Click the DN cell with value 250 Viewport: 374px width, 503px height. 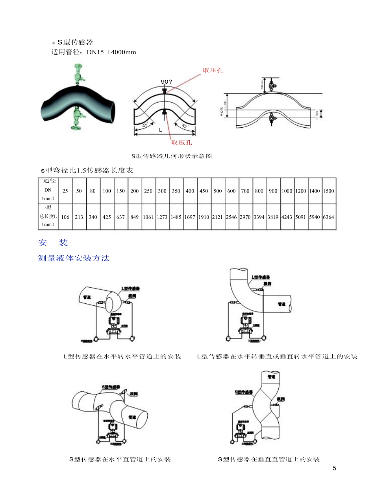148,191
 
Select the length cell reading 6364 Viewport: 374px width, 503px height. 328,217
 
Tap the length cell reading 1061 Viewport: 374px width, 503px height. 148,217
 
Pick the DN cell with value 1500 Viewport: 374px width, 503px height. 328,191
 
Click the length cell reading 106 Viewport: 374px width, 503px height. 65,217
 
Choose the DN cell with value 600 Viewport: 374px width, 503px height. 231,191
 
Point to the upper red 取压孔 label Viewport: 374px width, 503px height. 213,70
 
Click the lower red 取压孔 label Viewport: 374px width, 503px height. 181,142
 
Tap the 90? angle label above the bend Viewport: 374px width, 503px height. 166,82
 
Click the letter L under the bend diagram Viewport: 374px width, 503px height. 161,130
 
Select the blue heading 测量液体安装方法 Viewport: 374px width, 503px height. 74,258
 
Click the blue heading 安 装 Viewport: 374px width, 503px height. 53,243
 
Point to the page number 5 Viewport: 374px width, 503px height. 334,468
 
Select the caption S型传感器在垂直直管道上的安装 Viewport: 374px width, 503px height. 268,459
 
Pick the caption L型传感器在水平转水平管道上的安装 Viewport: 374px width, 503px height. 122,356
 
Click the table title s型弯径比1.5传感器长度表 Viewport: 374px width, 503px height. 87,170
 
